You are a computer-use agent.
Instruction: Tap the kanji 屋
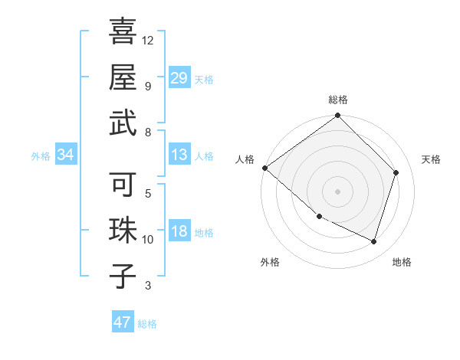coord(123,77)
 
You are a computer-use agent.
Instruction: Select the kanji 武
coord(123,123)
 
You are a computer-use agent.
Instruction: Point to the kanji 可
coord(123,185)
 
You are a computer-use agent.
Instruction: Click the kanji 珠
coord(123,231)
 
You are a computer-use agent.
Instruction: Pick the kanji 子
coord(123,277)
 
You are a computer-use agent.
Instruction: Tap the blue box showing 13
coord(179,155)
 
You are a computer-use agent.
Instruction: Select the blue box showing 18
coord(179,231)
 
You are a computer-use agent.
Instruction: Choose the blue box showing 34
coord(66,155)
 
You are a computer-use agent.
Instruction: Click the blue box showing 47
coord(123,322)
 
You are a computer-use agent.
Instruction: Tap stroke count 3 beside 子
coord(148,286)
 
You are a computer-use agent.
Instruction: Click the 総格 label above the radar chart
coord(338,100)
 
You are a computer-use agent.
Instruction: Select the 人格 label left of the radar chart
coord(245,159)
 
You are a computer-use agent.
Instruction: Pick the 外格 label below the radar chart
coord(270,263)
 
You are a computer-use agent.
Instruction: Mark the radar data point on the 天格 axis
coord(396,172)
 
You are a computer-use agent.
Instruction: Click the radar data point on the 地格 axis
coord(374,241)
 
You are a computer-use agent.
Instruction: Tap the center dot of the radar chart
coord(338,191)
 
